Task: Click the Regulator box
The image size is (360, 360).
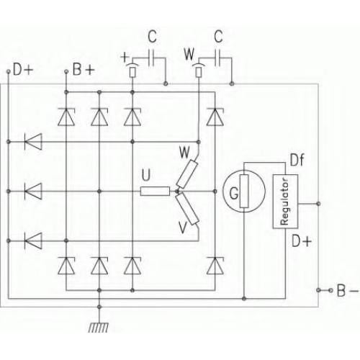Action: [285, 201]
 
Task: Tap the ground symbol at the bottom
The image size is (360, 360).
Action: [99, 328]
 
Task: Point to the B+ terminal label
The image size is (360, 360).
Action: [84, 70]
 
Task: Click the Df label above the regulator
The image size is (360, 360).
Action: [297, 160]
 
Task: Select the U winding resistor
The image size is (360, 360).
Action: [155, 192]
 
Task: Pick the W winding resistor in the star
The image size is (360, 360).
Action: [187, 174]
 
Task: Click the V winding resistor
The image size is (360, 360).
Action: [187, 209]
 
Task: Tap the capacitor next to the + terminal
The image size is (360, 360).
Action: [151, 58]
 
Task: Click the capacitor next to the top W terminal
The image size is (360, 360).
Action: [217, 58]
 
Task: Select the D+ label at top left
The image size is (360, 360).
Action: [23, 70]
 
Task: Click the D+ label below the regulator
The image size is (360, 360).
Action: [302, 241]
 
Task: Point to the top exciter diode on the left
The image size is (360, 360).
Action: [33, 142]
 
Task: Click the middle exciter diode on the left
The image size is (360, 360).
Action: [33, 192]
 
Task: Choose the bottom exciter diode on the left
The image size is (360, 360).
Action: [33, 240]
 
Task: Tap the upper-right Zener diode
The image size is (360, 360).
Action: [215, 117]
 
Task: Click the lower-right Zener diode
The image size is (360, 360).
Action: [215, 266]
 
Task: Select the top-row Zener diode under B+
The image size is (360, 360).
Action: [66, 117]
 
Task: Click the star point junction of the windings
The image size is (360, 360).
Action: [178, 192]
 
